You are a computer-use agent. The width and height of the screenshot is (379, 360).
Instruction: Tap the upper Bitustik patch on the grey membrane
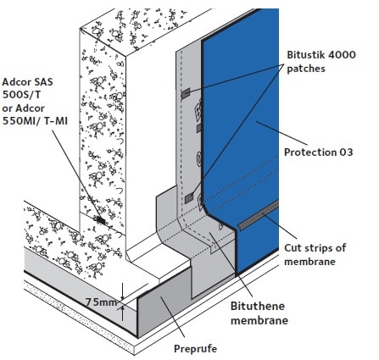pyautogui.click(x=184, y=92)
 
